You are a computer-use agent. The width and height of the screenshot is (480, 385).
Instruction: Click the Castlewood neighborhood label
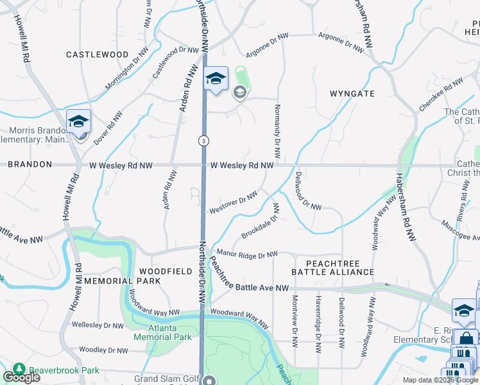[x=97, y=55]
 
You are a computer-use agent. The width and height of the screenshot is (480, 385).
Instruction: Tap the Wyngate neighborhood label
[x=352, y=94]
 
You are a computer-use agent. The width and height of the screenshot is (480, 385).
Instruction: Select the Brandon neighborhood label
[x=30, y=164]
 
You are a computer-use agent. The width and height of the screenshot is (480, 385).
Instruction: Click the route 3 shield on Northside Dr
[x=203, y=141]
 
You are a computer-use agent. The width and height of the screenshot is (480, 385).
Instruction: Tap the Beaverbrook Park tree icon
[x=19, y=370]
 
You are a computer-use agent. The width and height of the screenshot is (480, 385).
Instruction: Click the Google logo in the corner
[x=21, y=377]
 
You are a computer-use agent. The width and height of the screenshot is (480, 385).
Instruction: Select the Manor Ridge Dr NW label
[x=248, y=255]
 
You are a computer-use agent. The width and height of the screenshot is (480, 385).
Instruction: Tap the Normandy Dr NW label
[x=278, y=131]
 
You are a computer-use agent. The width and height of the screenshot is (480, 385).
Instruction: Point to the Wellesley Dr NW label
[x=98, y=325]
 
